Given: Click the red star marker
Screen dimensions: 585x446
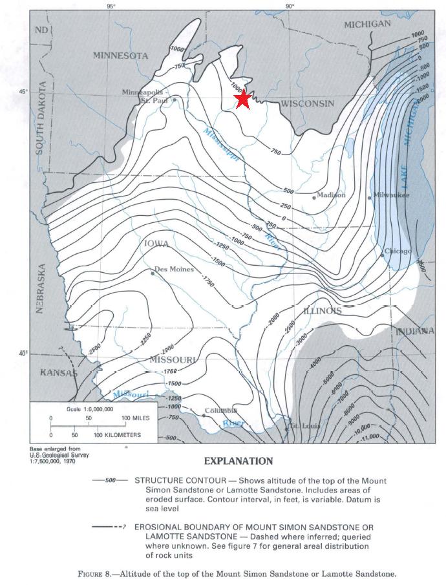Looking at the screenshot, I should coord(243,100).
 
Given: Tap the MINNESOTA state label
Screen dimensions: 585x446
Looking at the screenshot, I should coord(120,56).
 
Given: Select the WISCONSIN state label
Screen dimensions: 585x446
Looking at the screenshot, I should coord(307,104).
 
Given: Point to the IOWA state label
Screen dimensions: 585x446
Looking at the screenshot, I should coord(156,244).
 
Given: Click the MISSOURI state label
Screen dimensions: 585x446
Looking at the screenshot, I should coord(173,359).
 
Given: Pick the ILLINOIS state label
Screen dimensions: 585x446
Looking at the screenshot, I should coord(321,311).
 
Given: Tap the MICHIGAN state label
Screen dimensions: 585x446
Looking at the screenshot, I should coord(367,25).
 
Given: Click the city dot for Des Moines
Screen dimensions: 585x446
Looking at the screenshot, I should coord(153,273).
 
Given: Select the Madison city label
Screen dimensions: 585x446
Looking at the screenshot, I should coord(331,195).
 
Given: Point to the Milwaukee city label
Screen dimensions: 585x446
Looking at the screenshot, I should coord(392,195).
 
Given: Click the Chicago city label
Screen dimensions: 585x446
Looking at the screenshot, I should coord(398,251).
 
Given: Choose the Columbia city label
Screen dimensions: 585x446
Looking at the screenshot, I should coord(221,411).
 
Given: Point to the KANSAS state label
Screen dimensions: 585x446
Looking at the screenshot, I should coord(58,373).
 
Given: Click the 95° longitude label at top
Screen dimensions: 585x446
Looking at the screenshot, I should coord(110,7).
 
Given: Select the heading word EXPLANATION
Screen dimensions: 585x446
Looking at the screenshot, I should coord(239,461).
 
